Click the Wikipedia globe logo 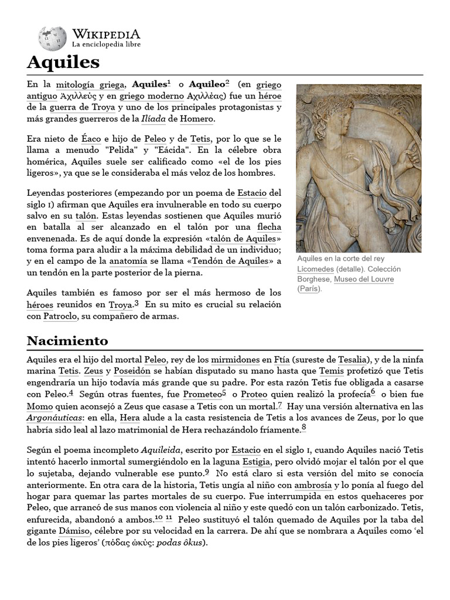coord(52,38)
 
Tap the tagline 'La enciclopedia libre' coord(105,45)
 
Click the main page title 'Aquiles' coord(63,62)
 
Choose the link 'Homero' coord(197,119)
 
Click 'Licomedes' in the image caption coord(316,269)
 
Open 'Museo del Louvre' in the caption coord(363,279)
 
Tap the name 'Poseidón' coord(132,371)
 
